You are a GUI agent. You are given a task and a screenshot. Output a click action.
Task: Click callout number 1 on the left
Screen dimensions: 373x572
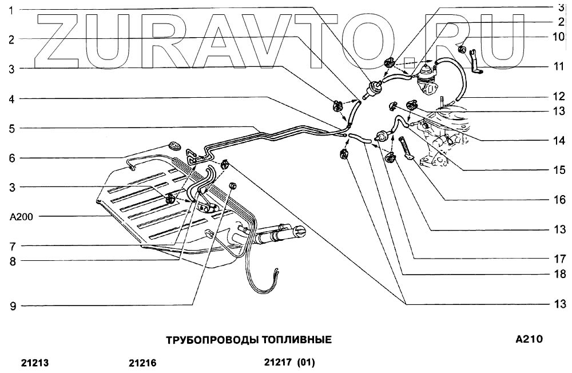pos(11,10)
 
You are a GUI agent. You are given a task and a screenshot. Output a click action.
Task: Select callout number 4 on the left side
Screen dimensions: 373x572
pos(11,99)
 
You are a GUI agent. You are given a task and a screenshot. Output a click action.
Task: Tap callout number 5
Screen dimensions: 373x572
pos(11,128)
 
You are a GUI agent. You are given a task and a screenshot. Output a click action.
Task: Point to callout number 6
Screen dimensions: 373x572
pos(11,158)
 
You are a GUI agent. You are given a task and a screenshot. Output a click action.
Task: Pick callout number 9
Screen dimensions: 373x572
pos(11,305)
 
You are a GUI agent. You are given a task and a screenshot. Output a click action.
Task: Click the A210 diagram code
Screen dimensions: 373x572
pos(529,339)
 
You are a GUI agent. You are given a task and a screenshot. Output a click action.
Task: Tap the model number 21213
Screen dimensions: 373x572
pos(35,363)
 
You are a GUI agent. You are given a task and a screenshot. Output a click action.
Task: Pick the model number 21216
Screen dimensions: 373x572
pos(142,363)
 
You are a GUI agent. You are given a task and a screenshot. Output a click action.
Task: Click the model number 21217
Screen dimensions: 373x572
pos(278,362)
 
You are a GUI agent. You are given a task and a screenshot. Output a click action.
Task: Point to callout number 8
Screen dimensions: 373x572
pos(11,261)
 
